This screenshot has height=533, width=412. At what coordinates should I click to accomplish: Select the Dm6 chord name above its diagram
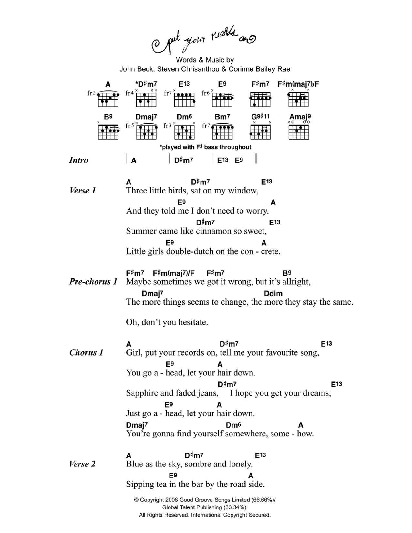click(x=184, y=117)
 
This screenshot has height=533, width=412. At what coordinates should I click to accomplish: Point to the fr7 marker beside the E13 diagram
click(x=168, y=93)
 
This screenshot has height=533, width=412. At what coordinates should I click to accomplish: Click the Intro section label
click(x=78, y=160)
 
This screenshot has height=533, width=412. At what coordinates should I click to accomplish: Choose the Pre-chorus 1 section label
click(x=93, y=282)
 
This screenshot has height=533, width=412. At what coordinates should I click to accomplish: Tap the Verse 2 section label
click(x=82, y=464)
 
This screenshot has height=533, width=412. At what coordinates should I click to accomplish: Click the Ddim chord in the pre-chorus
click(x=273, y=294)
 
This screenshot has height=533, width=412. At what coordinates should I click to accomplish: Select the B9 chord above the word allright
click(x=287, y=273)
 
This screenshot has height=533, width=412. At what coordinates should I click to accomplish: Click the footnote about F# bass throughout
click(x=206, y=147)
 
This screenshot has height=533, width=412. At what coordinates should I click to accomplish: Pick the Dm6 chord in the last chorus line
click(x=233, y=425)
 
